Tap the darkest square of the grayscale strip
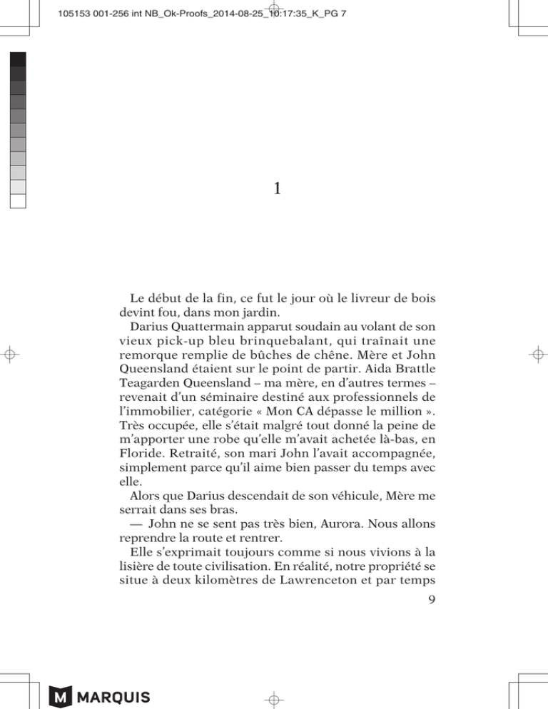(19, 59)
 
